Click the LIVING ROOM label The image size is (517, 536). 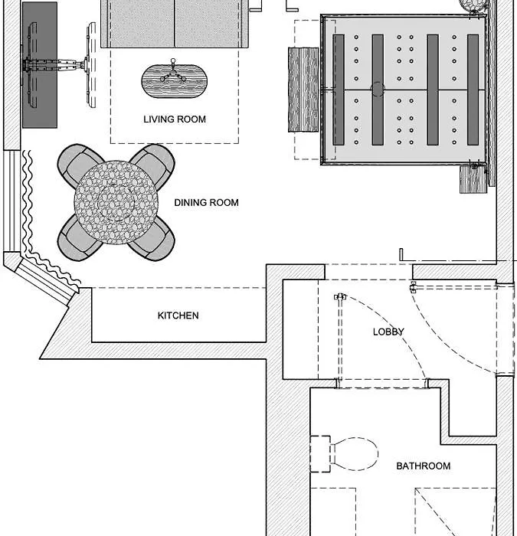[175, 119]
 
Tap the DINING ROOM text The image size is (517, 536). [207, 203]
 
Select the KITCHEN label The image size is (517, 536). [178, 315]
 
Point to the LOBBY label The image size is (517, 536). [388, 332]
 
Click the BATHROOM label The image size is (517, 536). [424, 466]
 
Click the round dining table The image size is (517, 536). [116, 202]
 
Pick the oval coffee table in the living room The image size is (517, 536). [174, 81]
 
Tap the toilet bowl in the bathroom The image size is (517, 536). [355, 454]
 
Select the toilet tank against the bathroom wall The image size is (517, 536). [320, 454]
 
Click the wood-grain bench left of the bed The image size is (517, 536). [303, 90]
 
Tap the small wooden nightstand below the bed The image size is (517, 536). [473, 179]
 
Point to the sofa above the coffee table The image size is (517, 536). [175, 23]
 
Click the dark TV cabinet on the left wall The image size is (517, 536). [40, 65]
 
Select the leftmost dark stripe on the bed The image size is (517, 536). [339, 90]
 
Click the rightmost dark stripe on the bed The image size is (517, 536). [473, 90]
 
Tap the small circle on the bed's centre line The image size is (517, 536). [378, 90]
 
